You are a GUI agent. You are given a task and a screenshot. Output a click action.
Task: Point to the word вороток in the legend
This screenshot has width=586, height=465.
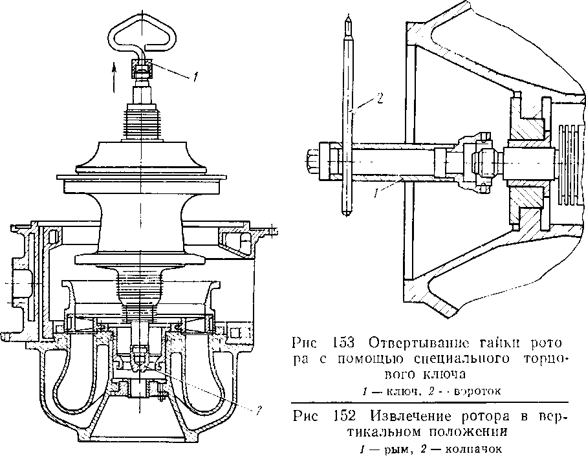click(x=478, y=391)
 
